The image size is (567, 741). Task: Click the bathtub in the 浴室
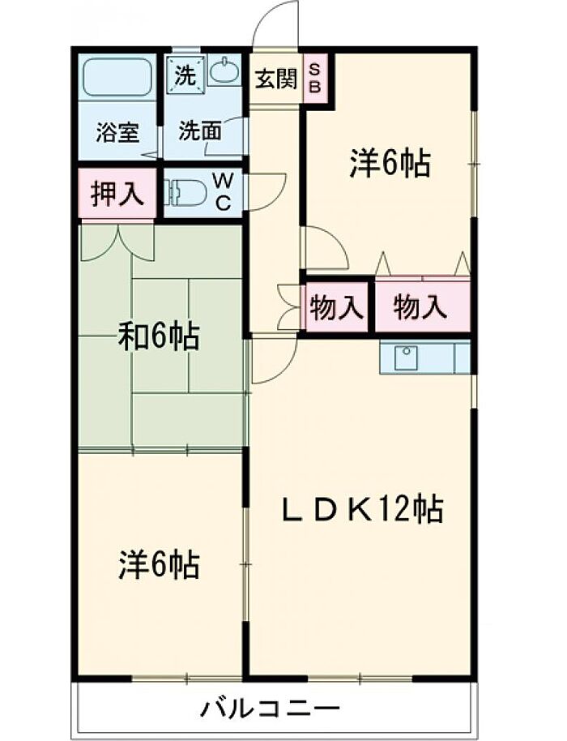pos(117,77)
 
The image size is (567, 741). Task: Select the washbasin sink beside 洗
pos(224,71)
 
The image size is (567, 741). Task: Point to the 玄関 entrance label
pos(275,79)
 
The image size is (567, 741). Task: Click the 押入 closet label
pos(117,195)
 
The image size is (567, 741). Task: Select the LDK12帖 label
pos(361,508)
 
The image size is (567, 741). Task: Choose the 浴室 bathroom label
pos(117,132)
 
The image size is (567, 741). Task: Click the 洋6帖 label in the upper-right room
pos(389,165)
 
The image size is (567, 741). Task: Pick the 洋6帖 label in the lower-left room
pos(159,564)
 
